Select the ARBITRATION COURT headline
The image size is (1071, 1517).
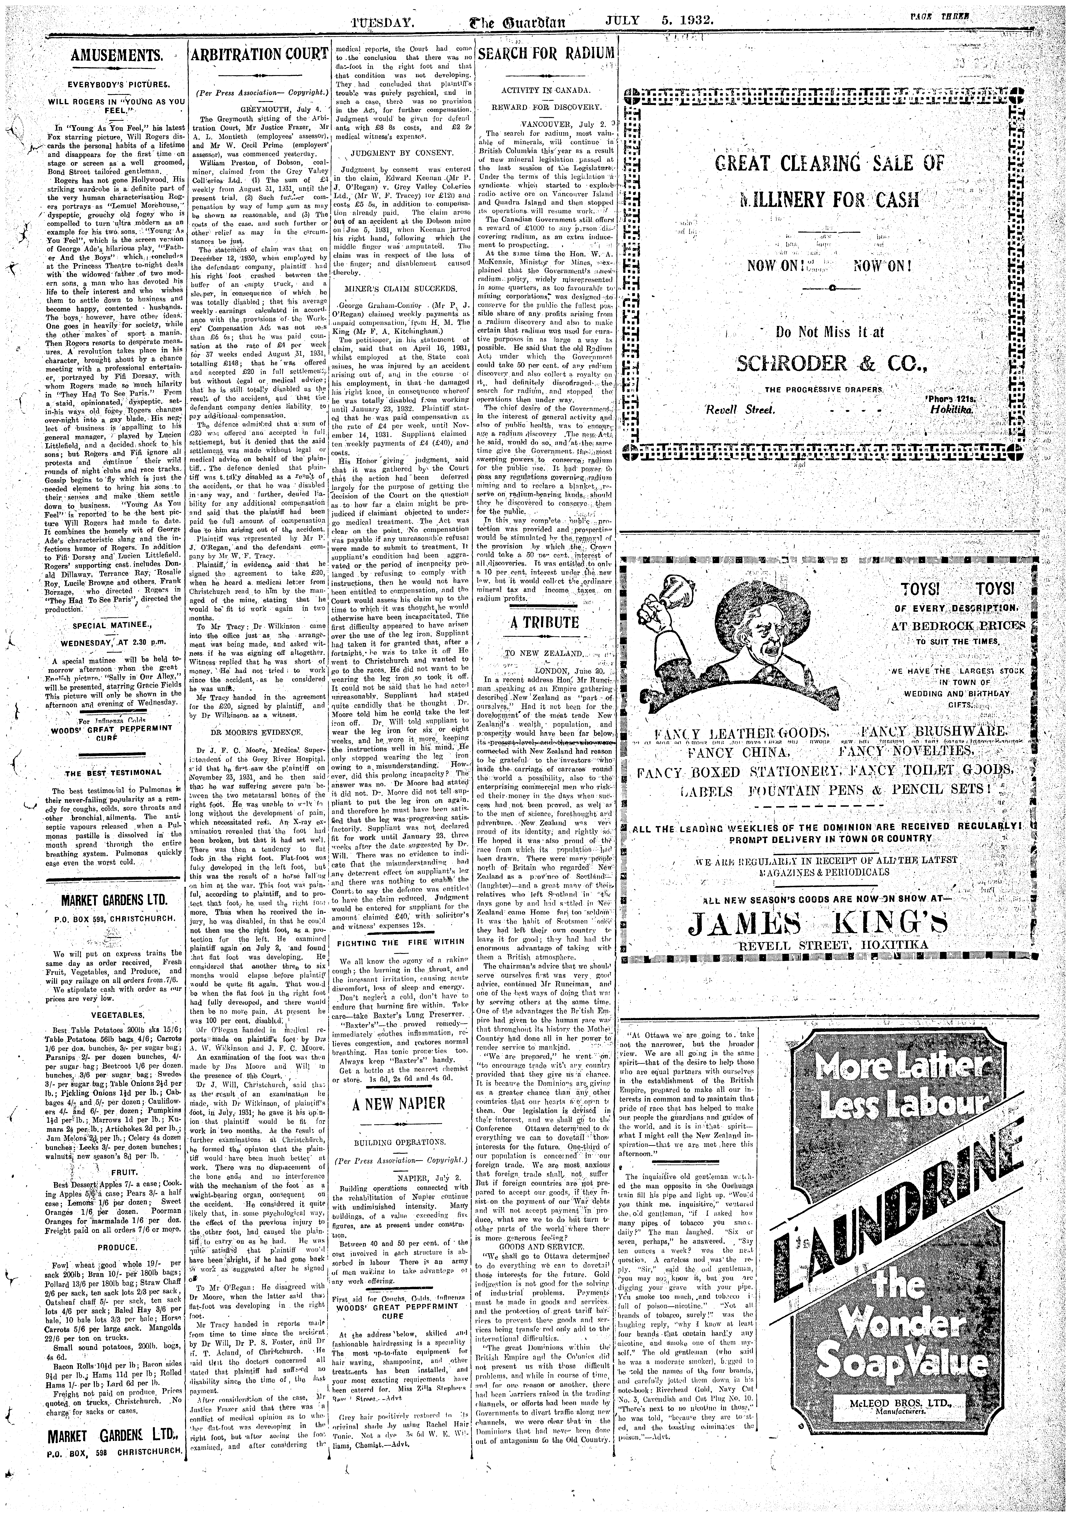point(259,55)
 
